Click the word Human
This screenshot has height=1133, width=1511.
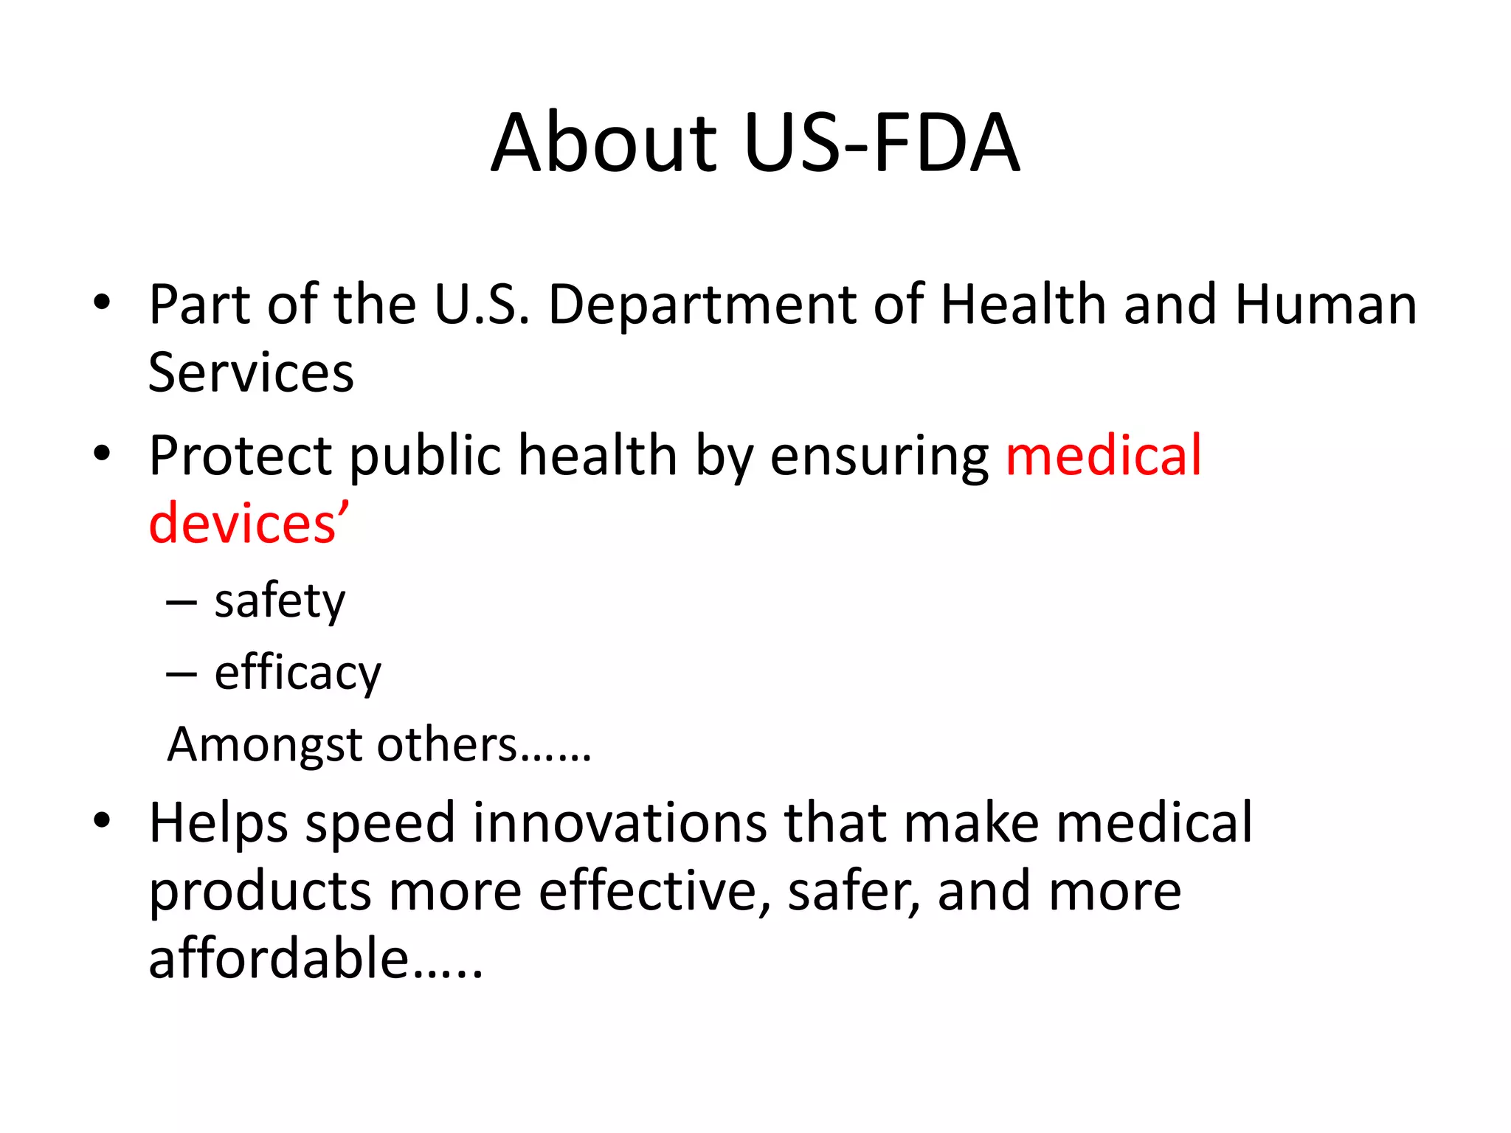tap(1326, 305)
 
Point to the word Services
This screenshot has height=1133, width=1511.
tap(251, 373)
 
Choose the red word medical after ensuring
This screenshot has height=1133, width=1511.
tap(1104, 456)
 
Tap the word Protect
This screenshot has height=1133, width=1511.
tap(241, 456)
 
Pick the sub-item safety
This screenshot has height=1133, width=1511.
tap(280, 602)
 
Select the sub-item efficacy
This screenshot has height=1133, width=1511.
tap(298, 673)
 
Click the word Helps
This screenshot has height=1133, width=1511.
tap(218, 825)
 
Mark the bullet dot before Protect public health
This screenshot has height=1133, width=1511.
tap(102, 453)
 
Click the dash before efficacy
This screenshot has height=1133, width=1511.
tap(181, 674)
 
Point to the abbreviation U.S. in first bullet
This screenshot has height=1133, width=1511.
tap(482, 305)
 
